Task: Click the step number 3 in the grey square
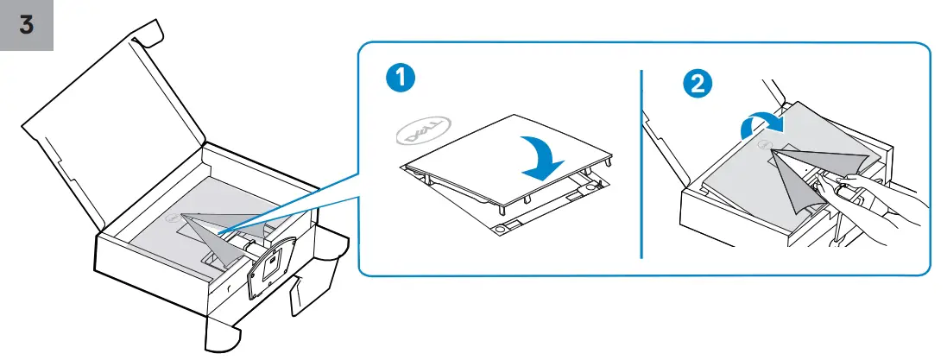26,24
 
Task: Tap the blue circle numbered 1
400,81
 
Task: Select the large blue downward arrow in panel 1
535,155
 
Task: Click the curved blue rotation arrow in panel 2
760,127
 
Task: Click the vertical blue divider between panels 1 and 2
642,164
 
